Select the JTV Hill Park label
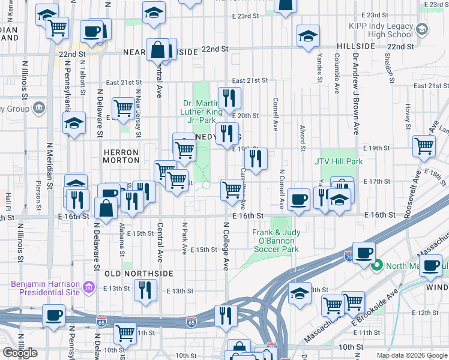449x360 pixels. tap(339, 161)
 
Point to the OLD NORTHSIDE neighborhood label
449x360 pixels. tap(139, 274)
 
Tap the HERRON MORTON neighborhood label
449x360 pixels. tap(121, 157)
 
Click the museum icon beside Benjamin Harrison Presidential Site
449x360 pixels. tap(90, 289)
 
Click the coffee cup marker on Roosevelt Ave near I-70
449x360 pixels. tap(364, 253)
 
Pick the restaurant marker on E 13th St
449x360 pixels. tap(145, 290)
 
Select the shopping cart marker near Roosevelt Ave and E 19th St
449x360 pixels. tap(424, 145)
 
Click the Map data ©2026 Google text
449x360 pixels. tap(411, 355)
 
